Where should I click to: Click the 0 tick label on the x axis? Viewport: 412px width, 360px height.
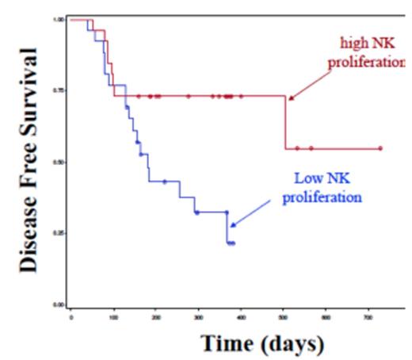tap(71, 316)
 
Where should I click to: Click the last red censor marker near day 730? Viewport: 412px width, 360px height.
tap(380, 148)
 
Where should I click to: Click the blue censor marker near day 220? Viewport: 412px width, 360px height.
tap(165, 182)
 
